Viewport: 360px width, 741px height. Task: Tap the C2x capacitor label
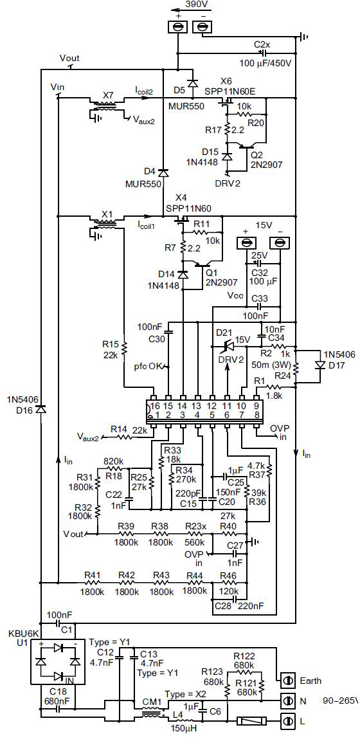point(262,44)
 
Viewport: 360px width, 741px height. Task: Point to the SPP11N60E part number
point(230,91)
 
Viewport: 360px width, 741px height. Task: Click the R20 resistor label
point(256,122)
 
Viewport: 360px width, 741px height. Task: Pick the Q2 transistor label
point(256,154)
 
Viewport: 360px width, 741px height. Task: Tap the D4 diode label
point(149,171)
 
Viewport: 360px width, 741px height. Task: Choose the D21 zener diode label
point(222,332)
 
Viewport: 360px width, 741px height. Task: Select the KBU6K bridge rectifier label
point(20,634)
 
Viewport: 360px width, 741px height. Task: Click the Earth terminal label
point(309,681)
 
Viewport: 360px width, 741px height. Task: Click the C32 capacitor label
point(259,272)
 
